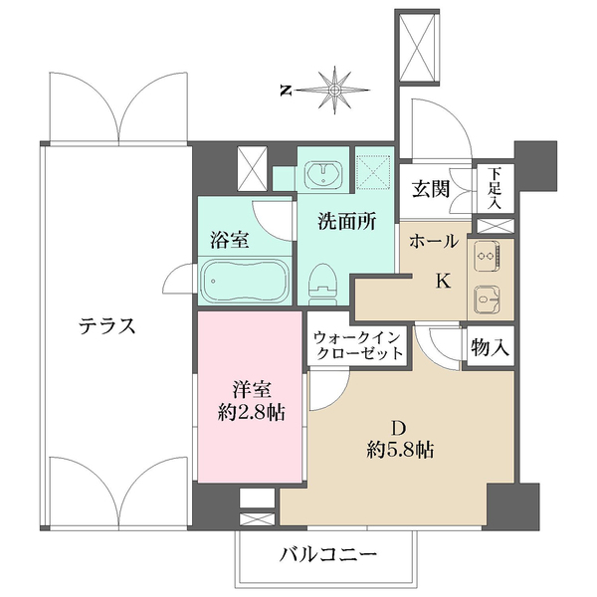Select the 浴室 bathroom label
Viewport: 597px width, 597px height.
[x=229, y=239]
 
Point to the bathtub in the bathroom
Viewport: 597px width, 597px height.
[x=245, y=282]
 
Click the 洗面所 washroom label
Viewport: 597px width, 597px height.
[x=346, y=222]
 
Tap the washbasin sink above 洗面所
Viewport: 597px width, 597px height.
[x=323, y=175]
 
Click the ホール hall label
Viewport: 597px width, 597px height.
[x=434, y=241]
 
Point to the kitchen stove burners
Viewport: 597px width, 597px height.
[x=488, y=257]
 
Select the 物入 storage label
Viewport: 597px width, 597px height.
[x=490, y=348]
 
